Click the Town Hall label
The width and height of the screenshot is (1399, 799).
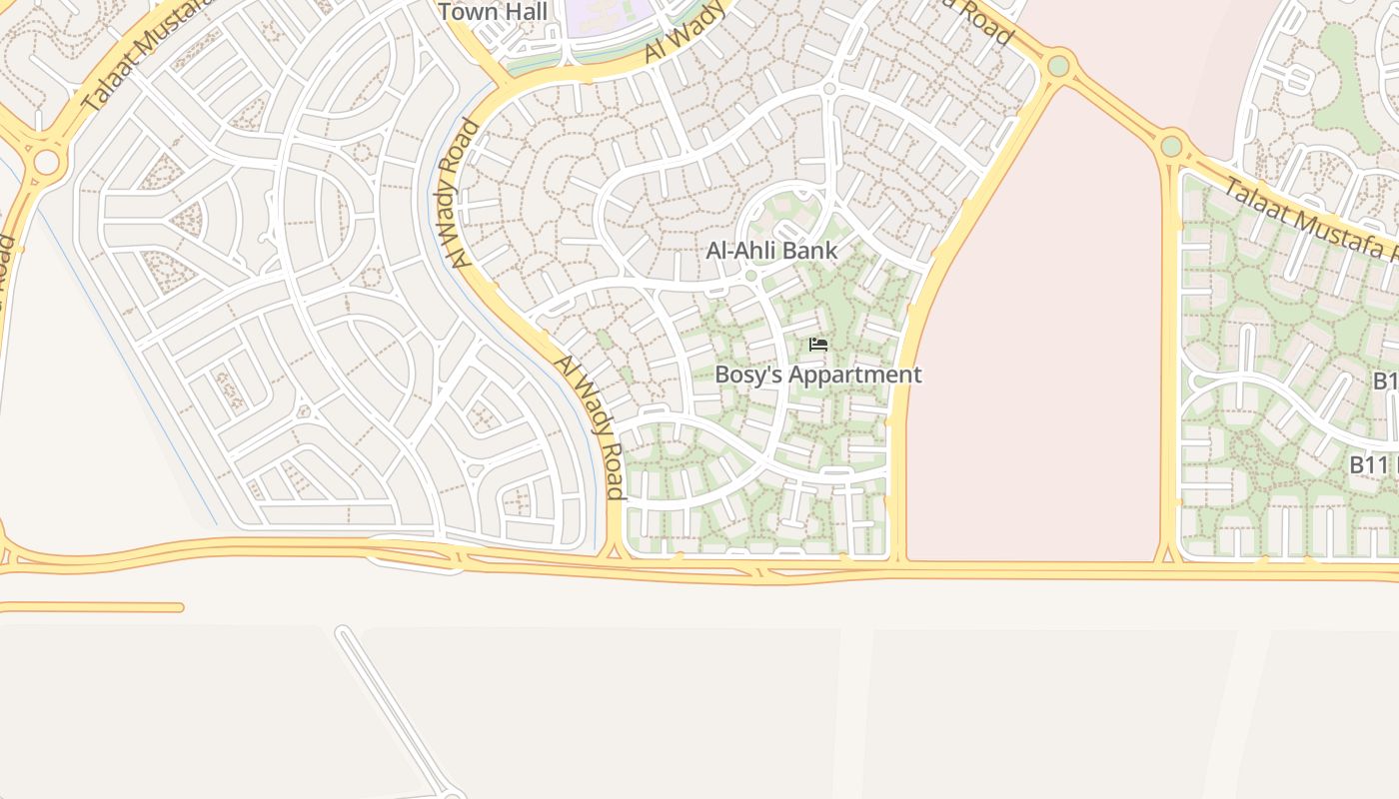coord(493,12)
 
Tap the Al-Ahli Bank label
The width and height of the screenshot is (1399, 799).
coord(771,250)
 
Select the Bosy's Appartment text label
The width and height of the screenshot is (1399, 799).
coord(817,375)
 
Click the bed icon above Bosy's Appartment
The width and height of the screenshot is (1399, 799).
coord(818,345)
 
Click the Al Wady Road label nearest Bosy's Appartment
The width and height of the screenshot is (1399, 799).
coord(590,426)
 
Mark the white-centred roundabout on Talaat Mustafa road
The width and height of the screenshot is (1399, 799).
coord(46,162)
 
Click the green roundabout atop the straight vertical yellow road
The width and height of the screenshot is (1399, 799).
coord(1171,147)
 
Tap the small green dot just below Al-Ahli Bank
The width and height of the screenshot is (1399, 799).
coord(750,276)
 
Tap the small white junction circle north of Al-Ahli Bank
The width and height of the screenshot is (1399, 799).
coord(828,90)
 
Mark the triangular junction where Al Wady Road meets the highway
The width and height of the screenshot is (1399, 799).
coord(615,549)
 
